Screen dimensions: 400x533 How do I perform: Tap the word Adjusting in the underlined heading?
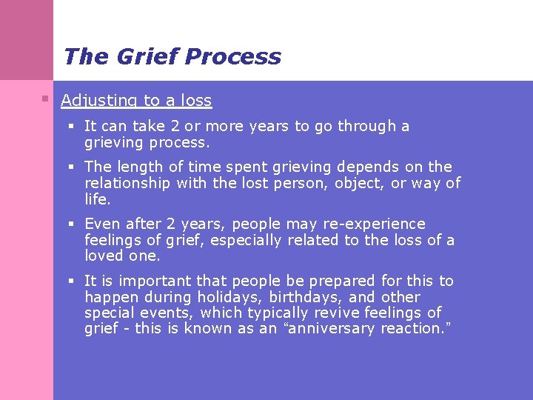95,101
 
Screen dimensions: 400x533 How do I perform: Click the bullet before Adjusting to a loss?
45,98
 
